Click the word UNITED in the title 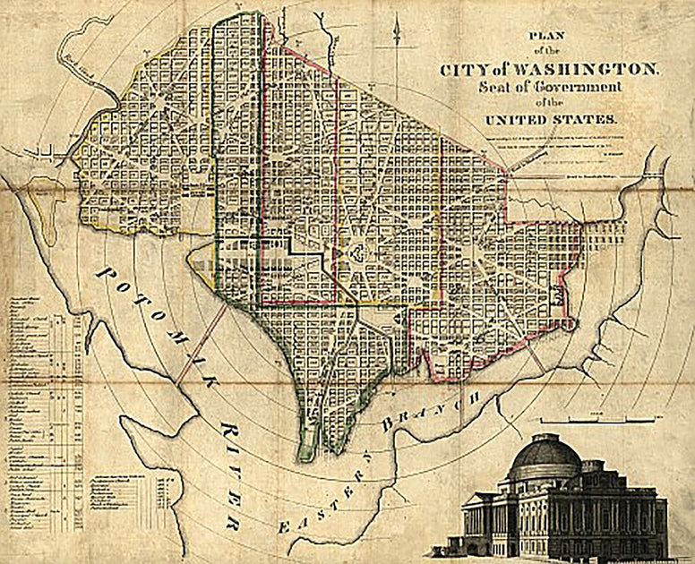[516, 118]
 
